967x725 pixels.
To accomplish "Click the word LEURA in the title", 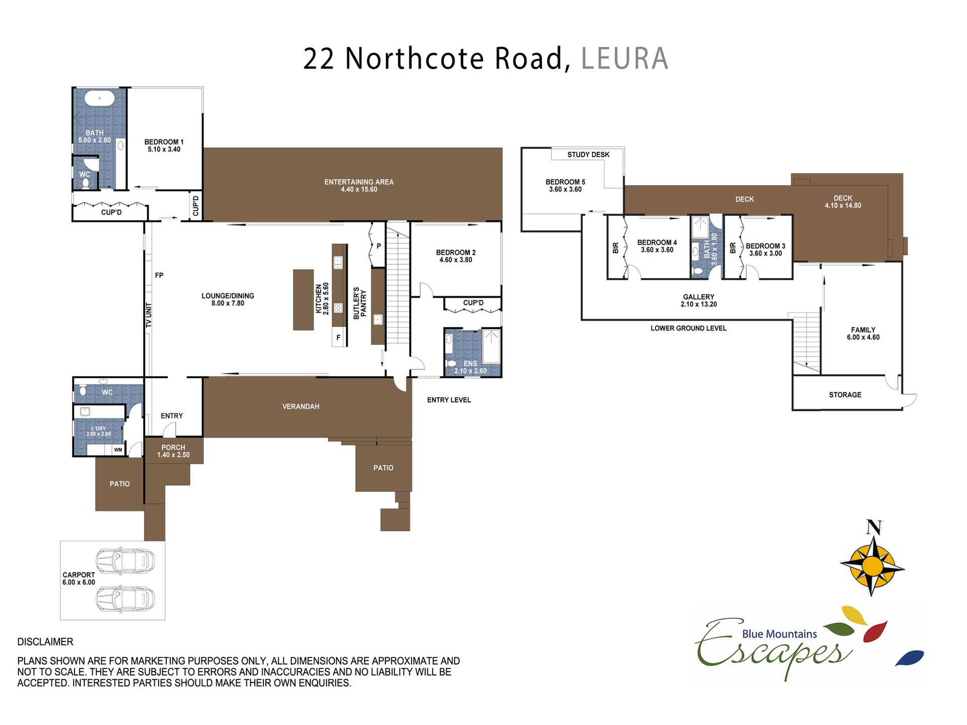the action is (x=625, y=58).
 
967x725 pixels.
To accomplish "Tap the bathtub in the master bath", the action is (x=100, y=98).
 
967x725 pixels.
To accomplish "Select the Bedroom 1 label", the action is (x=164, y=142).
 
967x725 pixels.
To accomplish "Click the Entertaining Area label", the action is (x=359, y=182).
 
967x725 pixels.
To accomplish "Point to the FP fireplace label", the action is (x=159, y=275).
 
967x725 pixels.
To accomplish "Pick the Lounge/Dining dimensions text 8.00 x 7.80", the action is (x=228, y=303).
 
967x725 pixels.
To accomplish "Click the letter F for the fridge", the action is (x=338, y=338).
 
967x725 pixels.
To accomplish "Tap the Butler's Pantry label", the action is (x=360, y=303).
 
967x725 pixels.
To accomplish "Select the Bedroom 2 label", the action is (x=456, y=252).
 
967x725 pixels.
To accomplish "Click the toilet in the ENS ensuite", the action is (x=451, y=363).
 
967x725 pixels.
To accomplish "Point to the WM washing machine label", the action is (x=118, y=450).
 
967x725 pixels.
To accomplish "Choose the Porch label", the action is (x=173, y=447).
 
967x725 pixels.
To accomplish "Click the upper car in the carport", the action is (x=125, y=560).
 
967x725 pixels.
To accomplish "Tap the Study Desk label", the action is (x=588, y=155).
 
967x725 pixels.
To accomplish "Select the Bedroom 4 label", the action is (x=657, y=242).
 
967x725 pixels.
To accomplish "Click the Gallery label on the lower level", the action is (x=699, y=297).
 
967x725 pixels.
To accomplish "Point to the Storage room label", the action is (x=845, y=395).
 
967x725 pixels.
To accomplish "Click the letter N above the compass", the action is (x=874, y=528).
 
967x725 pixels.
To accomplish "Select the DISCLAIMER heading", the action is (x=45, y=642).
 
